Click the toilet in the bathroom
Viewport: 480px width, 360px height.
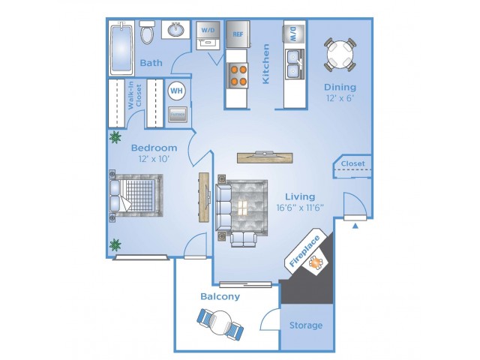[x=147, y=31]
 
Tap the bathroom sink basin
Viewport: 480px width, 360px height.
[x=176, y=30]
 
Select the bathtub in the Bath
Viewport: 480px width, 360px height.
[x=121, y=48]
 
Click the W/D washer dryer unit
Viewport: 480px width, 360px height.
[x=208, y=35]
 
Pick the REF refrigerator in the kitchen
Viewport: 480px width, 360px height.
[x=238, y=34]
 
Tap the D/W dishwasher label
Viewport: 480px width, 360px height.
[x=293, y=34]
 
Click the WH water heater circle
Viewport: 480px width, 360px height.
[x=177, y=91]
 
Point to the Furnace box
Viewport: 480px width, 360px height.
[x=178, y=115]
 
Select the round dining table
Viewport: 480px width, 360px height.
[x=340, y=55]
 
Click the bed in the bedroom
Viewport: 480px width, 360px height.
[x=136, y=195]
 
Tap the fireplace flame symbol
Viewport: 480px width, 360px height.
[x=316, y=262]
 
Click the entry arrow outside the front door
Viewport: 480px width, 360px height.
[x=355, y=226]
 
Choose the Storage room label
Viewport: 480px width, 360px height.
[x=306, y=325]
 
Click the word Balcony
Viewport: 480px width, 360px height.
[x=220, y=296]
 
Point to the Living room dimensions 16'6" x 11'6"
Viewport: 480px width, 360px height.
[x=300, y=208]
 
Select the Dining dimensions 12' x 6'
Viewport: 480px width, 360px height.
[x=340, y=98]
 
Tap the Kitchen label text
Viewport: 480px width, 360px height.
[x=265, y=64]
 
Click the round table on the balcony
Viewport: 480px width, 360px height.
[x=221, y=323]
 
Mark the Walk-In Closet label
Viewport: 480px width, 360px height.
[x=135, y=95]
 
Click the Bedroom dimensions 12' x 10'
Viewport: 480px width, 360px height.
[x=154, y=159]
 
